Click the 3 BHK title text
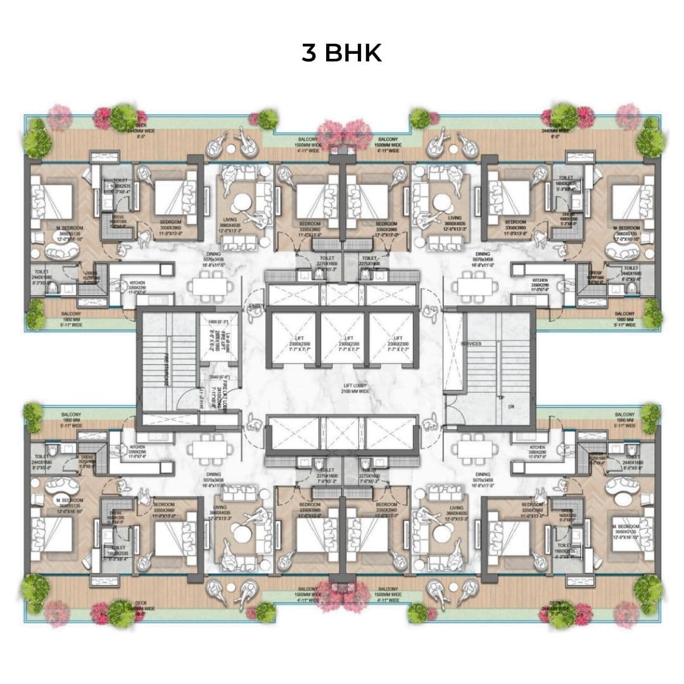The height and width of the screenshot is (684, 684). [x=341, y=54]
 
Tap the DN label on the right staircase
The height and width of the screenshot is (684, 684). [x=510, y=407]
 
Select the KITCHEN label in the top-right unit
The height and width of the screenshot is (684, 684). [x=540, y=279]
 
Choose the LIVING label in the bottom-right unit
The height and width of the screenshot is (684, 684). [x=456, y=508]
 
